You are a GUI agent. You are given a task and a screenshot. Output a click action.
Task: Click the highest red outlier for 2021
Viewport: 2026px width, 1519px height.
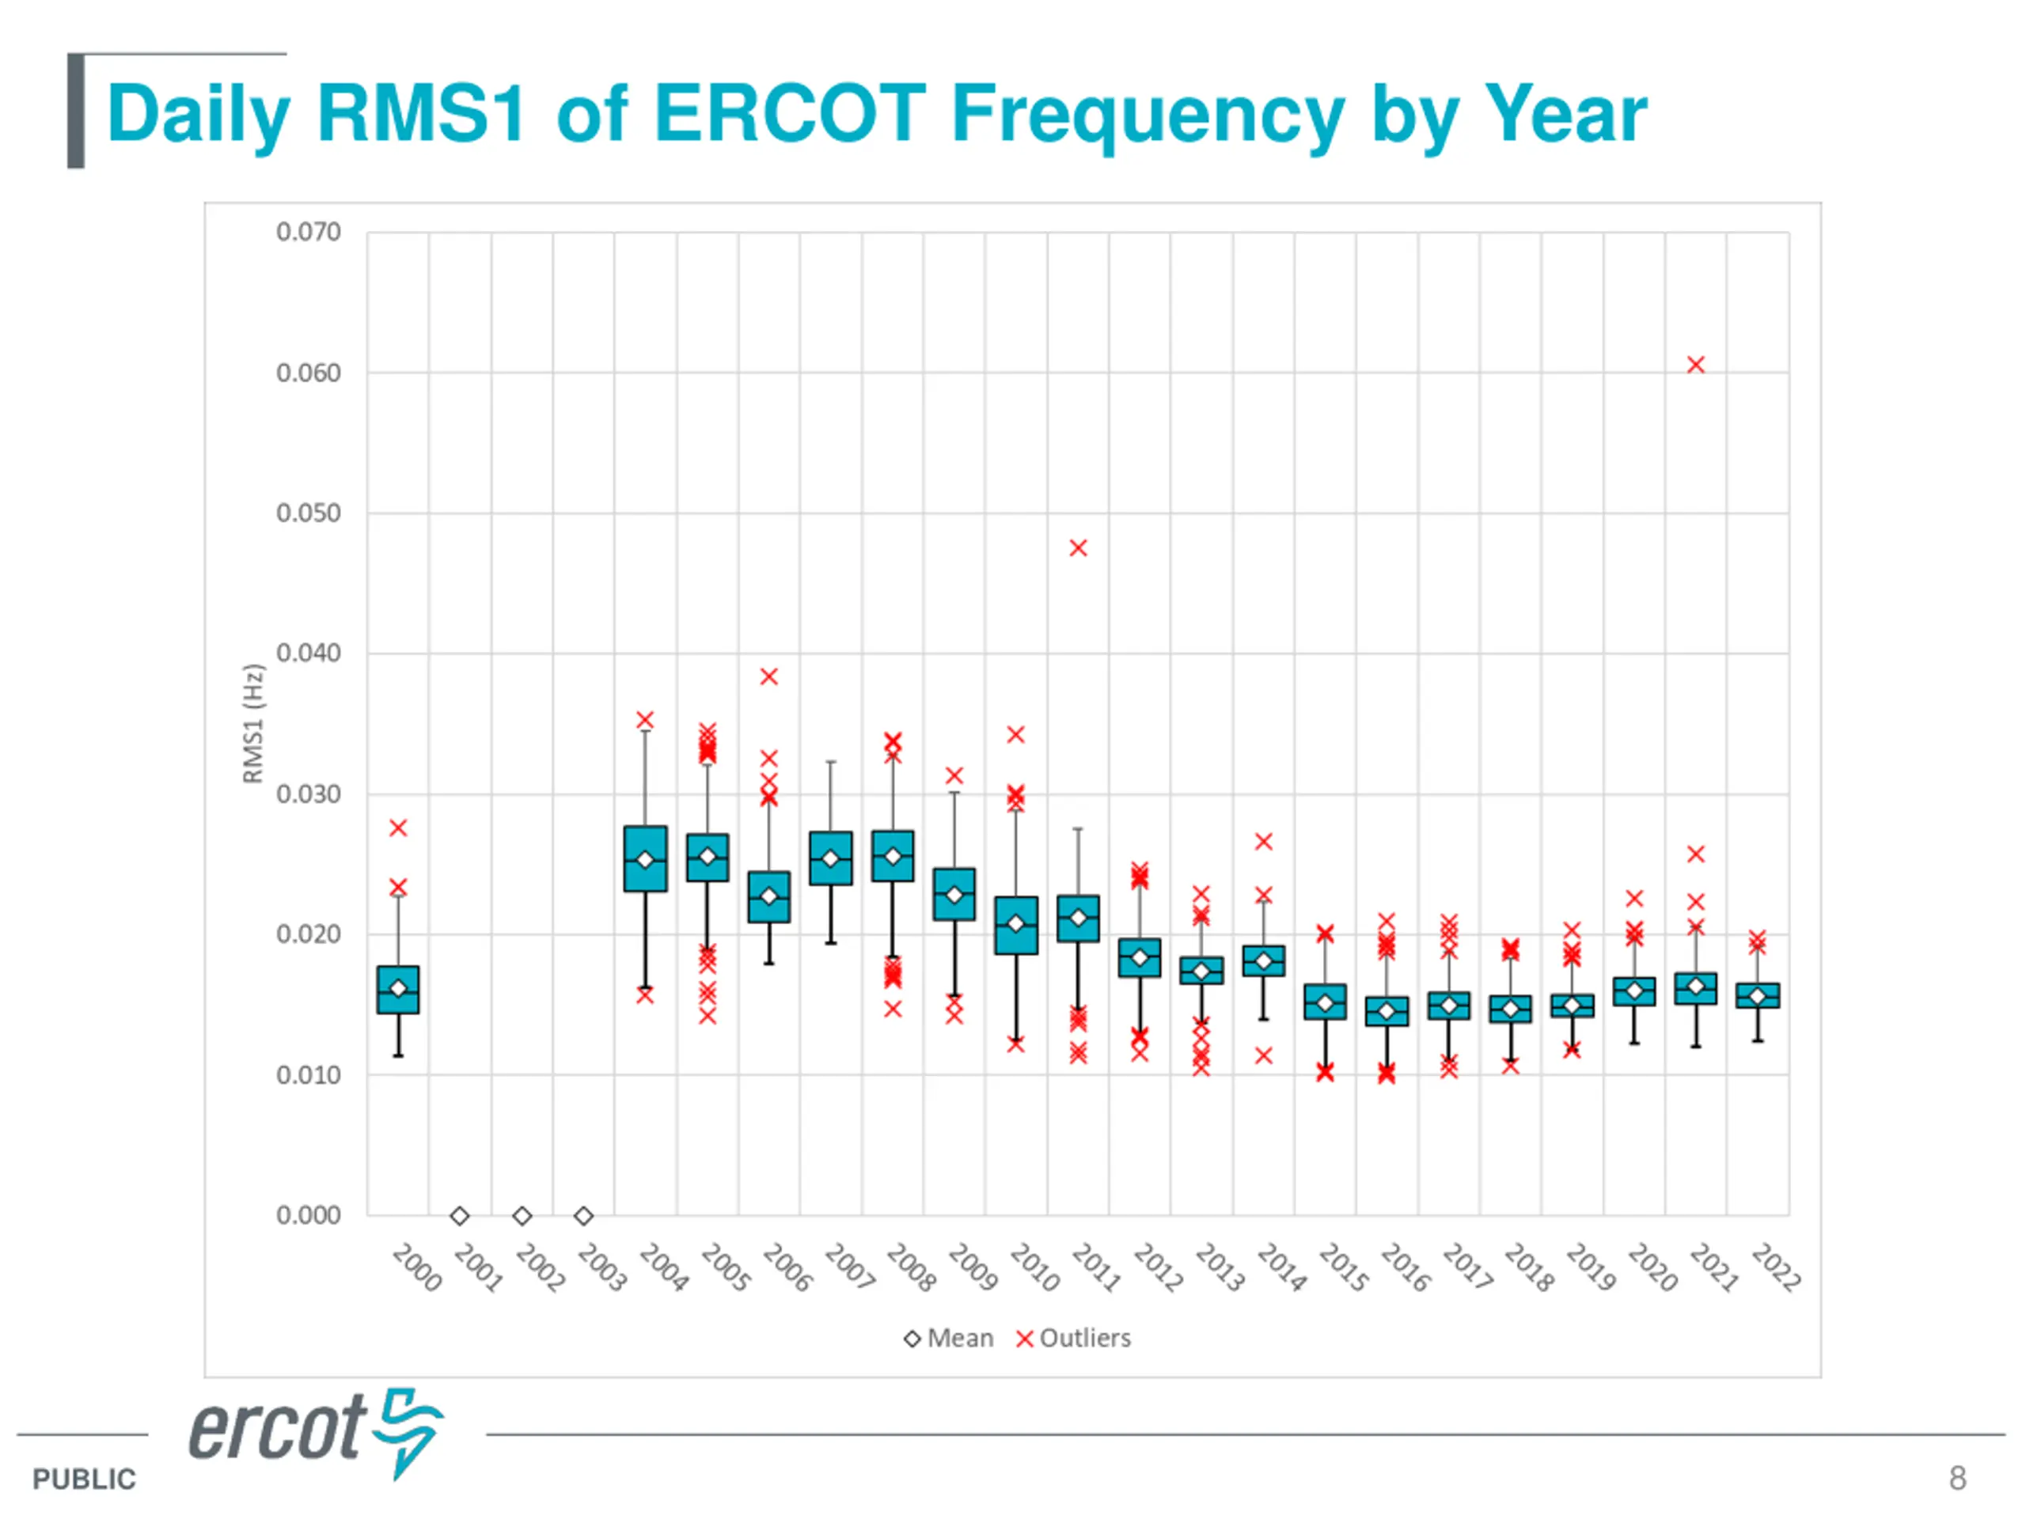tap(1695, 366)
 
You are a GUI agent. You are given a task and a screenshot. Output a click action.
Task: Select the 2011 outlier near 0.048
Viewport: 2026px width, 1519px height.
tap(1078, 548)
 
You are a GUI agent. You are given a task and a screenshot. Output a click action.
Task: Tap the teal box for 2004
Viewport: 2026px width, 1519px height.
tap(645, 859)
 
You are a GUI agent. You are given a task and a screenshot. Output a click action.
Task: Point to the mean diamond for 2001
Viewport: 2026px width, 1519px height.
tap(460, 1216)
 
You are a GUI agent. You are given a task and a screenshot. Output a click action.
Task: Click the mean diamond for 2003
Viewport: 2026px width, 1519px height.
tap(583, 1216)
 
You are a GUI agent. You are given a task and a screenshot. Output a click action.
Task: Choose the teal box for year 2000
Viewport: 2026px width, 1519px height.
tap(397, 990)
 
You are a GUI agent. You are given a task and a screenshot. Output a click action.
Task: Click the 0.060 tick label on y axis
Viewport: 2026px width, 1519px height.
tap(308, 373)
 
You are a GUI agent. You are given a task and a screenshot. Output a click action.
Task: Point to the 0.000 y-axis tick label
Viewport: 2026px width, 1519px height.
tap(308, 1216)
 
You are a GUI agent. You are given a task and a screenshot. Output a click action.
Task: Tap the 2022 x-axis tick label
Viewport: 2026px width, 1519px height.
tap(1775, 1267)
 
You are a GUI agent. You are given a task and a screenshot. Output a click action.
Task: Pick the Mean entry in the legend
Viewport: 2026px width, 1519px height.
tap(949, 1339)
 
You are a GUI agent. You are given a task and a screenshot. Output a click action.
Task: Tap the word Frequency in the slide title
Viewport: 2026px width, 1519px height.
tap(1148, 116)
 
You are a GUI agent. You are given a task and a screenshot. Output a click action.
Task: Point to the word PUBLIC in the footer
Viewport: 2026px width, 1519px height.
tap(83, 1479)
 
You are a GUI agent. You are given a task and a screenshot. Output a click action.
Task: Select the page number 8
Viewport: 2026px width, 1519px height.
tap(1957, 1478)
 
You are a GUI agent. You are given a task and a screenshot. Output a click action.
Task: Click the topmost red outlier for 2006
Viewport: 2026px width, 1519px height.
tap(768, 676)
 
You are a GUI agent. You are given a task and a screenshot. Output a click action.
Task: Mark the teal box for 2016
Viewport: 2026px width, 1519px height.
tap(1387, 1012)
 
